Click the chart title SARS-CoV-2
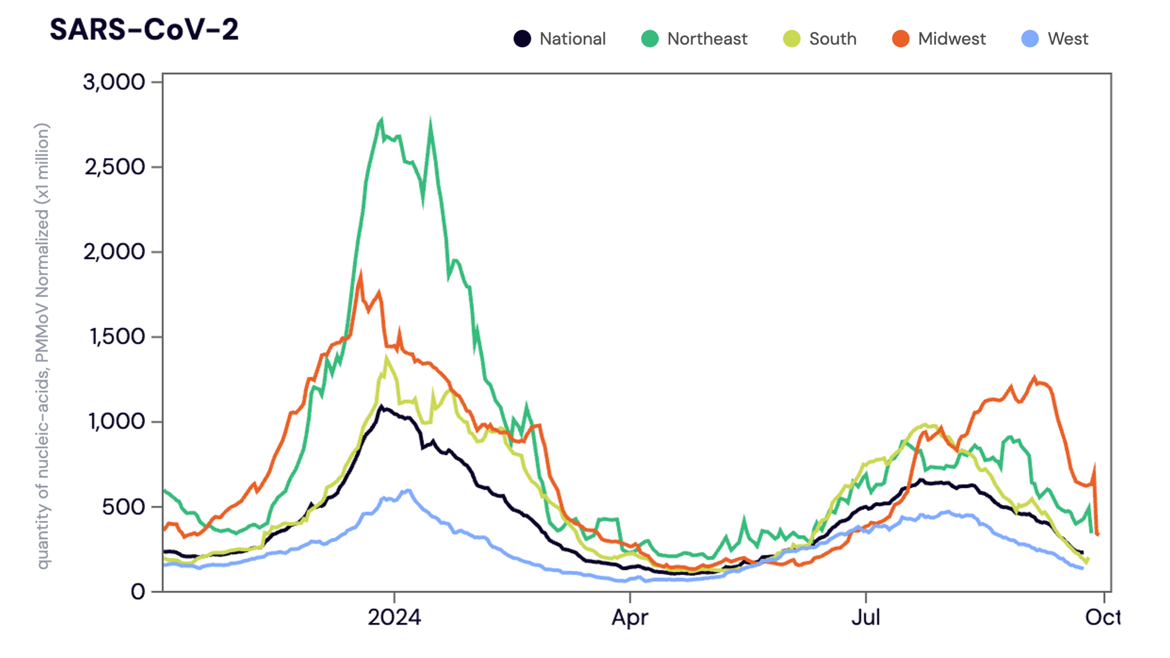click(144, 30)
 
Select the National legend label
click(572, 39)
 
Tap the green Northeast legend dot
click(650, 39)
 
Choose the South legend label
click(832, 39)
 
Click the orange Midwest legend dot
click(901, 39)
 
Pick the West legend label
click(1068, 39)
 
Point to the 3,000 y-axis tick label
click(114, 82)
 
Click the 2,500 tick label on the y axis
click(115, 167)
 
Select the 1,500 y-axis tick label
click(116, 337)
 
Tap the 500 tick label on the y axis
click(123, 507)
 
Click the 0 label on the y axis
click(138, 592)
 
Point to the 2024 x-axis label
click(394, 618)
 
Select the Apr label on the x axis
click(630, 618)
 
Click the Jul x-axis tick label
click(866, 618)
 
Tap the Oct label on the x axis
click(1102, 618)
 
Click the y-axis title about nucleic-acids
click(43, 345)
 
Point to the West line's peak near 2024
click(408, 490)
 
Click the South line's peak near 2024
click(386, 358)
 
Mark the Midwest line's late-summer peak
click(1034, 378)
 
